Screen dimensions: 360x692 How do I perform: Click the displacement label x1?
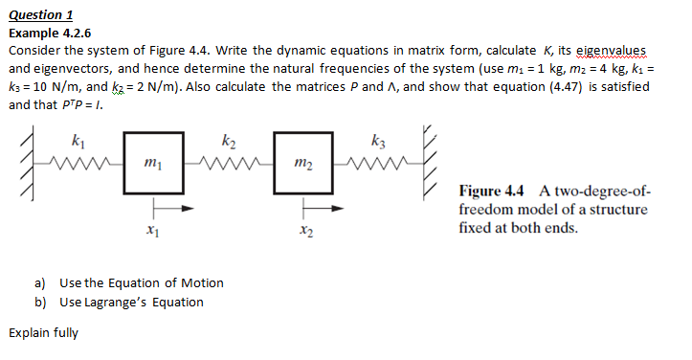[151, 230]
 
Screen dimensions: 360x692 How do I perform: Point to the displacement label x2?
[303, 230]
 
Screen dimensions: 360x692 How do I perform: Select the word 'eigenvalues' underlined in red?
[609, 51]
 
